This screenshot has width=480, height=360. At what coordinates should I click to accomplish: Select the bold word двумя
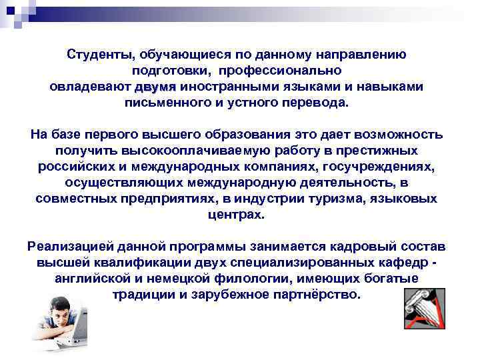155,87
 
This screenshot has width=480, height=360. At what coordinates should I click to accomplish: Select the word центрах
237,215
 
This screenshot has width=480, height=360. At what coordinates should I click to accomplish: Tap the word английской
97,278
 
